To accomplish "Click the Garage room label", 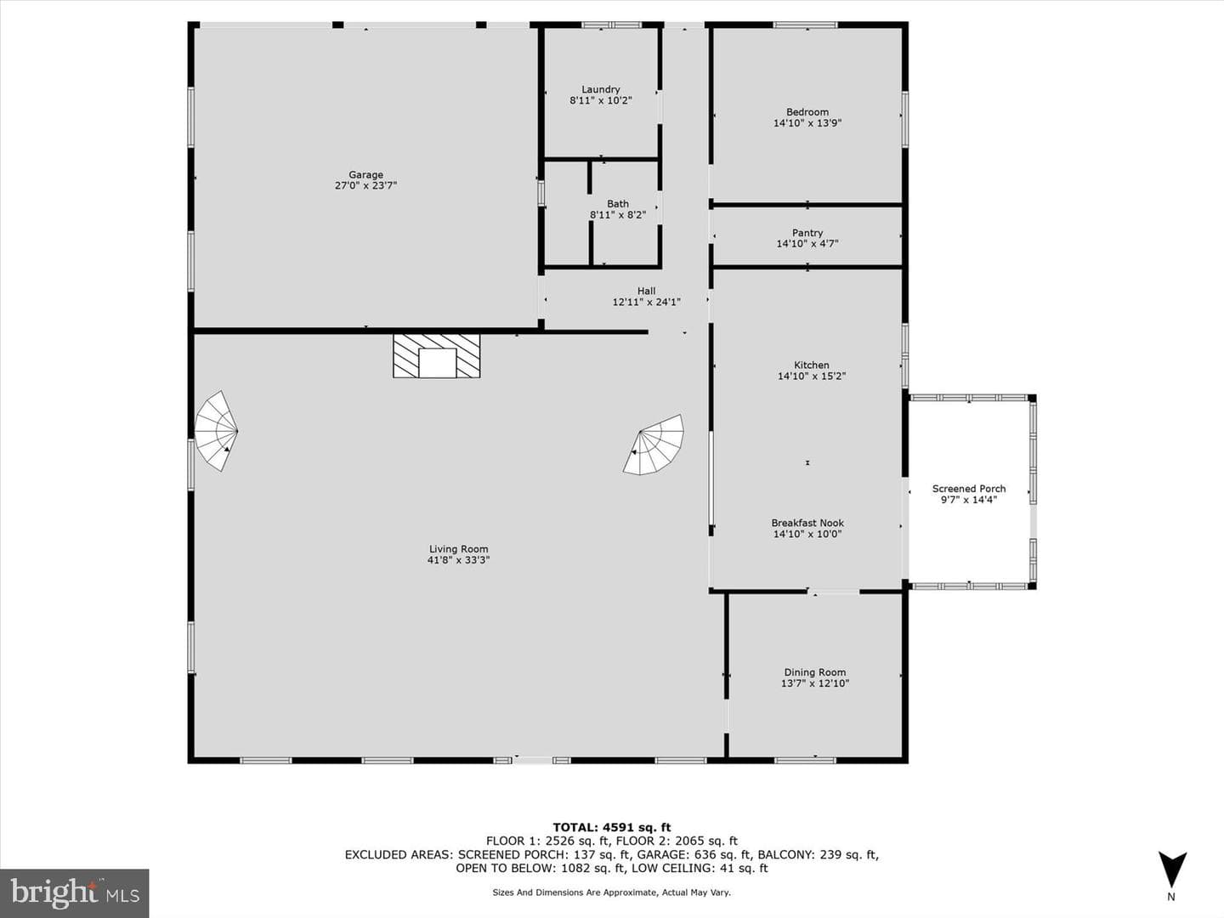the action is tap(365, 174).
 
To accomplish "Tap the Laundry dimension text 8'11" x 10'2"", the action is tap(601, 101).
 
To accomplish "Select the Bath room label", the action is tap(618, 204).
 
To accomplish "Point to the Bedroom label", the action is tap(807, 112).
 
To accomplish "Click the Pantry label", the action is tap(807, 233).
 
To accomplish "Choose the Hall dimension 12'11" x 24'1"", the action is tap(646, 302).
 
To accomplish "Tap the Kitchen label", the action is tap(812, 365).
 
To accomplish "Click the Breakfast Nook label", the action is tap(807, 523).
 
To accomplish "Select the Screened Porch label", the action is tap(969, 489).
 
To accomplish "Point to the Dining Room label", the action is tap(814, 672).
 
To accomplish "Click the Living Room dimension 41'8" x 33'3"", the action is tap(458, 560).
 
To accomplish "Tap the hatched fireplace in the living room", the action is tap(437, 356).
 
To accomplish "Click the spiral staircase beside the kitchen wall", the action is tap(654, 445).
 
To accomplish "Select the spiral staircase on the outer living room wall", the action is tap(217, 431).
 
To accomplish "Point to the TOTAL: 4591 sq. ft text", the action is tap(612, 828).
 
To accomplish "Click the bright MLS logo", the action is tap(74, 893).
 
